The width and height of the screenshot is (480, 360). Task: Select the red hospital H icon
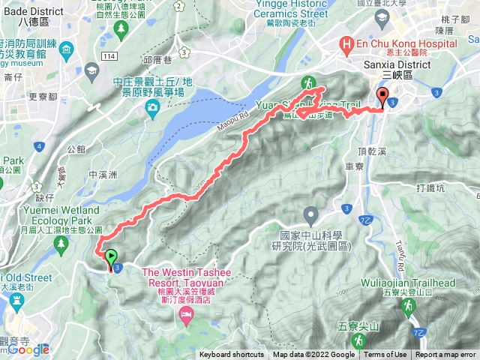(346, 44)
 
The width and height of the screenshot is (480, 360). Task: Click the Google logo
(29, 349)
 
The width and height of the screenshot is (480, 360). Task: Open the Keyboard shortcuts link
(233, 355)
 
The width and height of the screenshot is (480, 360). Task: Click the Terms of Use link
(385, 355)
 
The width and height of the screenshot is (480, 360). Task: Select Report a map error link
(445, 355)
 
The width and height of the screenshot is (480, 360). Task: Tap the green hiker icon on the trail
(307, 82)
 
